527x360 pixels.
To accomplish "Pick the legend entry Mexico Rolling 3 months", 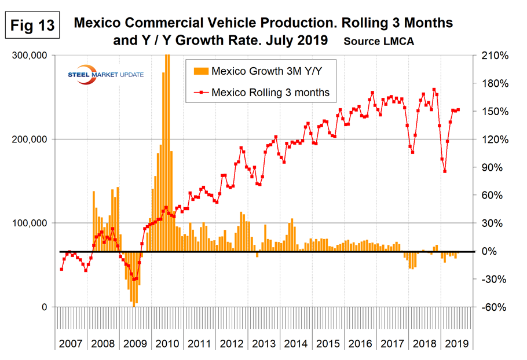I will click(x=259, y=91).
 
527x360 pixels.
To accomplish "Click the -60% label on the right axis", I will click(x=491, y=307).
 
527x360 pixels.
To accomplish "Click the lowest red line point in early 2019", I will click(x=445, y=171).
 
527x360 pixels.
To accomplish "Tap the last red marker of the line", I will click(x=459, y=110).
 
